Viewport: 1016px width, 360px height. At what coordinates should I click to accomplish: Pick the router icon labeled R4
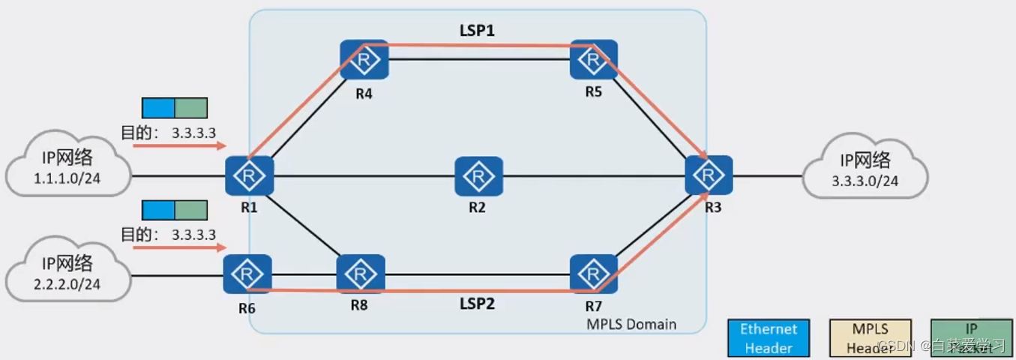pos(364,60)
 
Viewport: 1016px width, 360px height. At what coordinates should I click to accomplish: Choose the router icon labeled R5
pos(593,60)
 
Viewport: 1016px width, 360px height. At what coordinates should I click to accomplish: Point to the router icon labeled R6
pos(247,274)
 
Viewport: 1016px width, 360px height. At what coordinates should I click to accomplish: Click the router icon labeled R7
pos(593,274)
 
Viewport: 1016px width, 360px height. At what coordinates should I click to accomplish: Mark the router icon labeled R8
pos(361,274)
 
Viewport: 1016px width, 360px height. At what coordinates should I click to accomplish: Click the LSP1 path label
pos(477,31)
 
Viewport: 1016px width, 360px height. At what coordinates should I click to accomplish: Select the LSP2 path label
pos(478,304)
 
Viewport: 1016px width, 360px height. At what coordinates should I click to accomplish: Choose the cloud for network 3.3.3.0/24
pos(865,169)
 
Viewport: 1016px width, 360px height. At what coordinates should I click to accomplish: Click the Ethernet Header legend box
pos(769,337)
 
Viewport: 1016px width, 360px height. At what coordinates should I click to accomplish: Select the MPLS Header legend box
pos(870,337)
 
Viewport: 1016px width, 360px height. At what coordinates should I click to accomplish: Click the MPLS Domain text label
pos(631,324)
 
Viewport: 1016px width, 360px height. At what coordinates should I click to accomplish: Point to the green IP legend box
pos(972,337)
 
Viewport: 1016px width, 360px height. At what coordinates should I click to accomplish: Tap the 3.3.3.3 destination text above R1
pos(193,133)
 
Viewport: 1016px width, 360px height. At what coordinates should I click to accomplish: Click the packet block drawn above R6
pos(175,211)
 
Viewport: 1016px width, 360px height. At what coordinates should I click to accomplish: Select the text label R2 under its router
pos(478,207)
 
